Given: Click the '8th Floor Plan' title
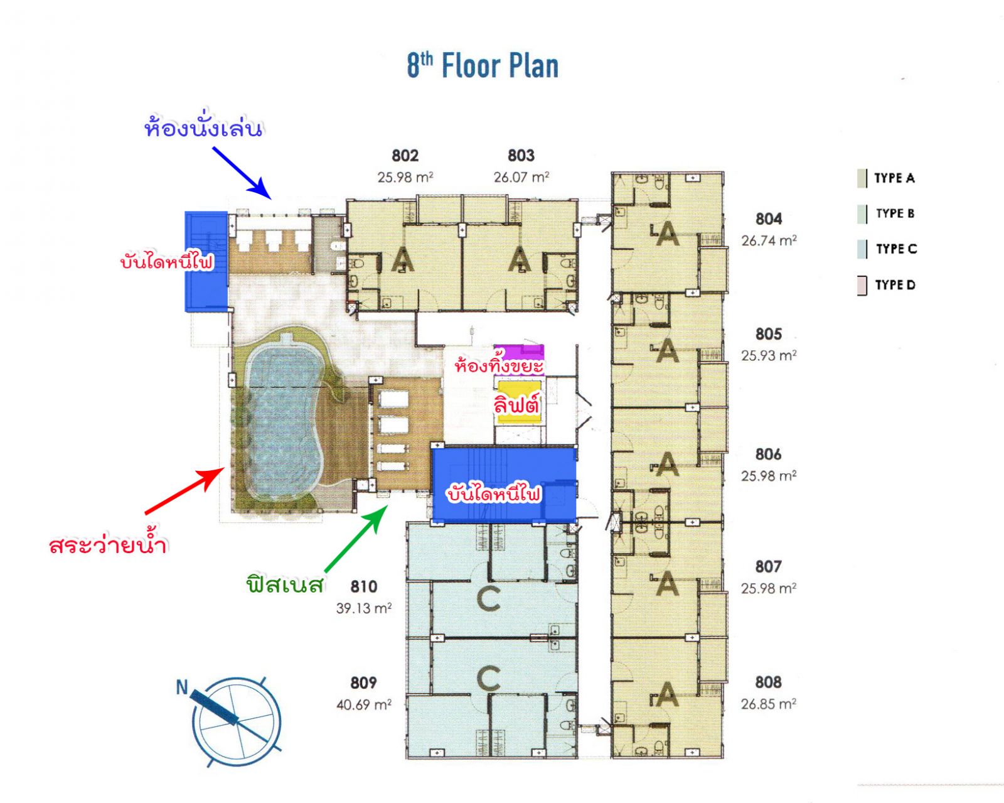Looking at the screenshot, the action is pos(483,65).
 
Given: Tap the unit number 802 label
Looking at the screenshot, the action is pos(405,156).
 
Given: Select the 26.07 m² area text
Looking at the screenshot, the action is pos(521,177).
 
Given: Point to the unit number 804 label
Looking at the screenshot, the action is pos(769,219).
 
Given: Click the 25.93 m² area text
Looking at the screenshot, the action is pos(769,355).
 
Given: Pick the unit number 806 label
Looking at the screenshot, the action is pos(769,455).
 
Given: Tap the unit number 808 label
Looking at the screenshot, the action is pos(769,682).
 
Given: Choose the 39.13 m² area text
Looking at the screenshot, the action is pos(364,608).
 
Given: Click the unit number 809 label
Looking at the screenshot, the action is pos(364,683).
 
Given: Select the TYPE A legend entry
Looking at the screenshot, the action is pos(887,178).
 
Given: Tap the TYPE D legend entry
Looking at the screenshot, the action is pos(887,285).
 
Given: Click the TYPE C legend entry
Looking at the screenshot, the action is pos(887,249).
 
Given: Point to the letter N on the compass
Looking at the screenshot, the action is pos(182,687).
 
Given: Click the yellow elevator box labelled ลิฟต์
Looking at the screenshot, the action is pos(518,400).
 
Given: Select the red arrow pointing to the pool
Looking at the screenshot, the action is pos(185,491).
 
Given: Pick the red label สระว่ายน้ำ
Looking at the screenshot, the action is pos(108,544).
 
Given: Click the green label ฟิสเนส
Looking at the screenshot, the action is pos(286,584).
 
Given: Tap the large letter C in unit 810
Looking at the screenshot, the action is pos(489,598).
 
